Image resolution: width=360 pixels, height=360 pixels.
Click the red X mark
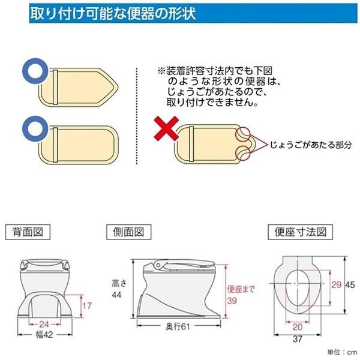click(166, 128)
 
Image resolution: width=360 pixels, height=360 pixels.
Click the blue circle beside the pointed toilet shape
click(35, 71)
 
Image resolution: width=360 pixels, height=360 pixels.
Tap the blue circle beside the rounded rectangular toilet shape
click(35, 128)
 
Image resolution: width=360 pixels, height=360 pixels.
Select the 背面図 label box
click(28, 232)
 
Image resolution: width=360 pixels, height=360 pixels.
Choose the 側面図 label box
click(128, 232)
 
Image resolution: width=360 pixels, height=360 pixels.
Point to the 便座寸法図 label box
click(301, 232)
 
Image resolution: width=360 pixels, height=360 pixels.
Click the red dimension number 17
click(87, 306)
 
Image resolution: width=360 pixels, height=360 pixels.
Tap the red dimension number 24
click(44, 324)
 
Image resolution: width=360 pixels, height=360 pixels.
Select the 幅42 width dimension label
click(44, 335)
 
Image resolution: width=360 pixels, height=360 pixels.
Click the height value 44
click(116, 295)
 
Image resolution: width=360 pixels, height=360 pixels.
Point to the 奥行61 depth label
click(178, 326)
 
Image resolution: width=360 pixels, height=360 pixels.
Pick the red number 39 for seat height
click(232, 301)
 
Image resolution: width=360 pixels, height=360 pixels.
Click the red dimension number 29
click(337, 284)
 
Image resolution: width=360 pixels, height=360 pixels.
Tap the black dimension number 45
click(350, 284)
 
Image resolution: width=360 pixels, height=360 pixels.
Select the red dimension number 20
click(298, 327)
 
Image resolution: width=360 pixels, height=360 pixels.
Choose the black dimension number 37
click(298, 339)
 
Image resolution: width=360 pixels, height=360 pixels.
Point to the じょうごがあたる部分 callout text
click(310, 145)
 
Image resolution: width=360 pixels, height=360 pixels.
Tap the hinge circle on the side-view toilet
click(158, 265)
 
